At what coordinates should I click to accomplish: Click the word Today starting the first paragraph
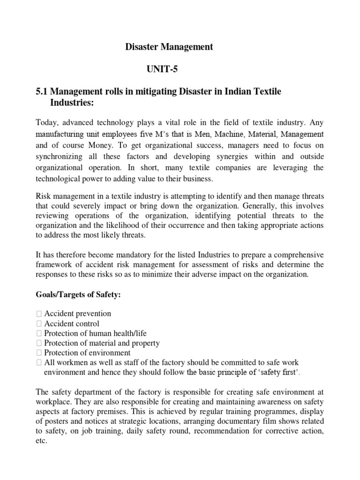click(x=48, y=122)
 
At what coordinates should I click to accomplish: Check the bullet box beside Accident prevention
click(x=39, y=314)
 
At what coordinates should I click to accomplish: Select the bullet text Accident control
click(x=72, y=323)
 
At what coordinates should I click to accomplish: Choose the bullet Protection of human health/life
click(x=95, y=333)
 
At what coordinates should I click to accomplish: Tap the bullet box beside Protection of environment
click(x=39, y=353)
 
